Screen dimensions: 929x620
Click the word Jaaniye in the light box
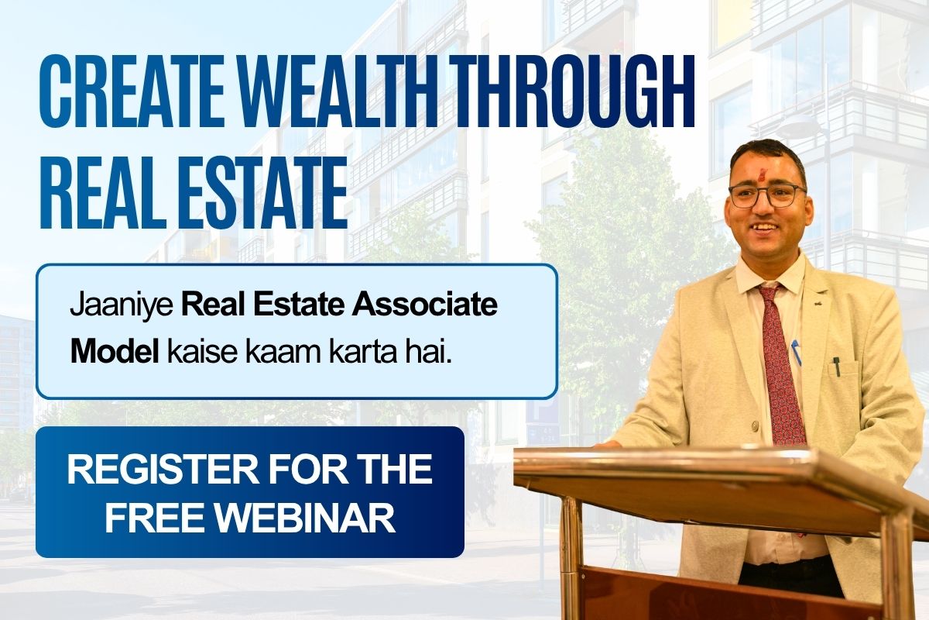[x=122, y=306]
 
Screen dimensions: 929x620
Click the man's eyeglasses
[x=767, y=196]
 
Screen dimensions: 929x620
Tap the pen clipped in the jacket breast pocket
[x=837, y=366]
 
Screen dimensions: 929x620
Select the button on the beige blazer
[x=755, y=425]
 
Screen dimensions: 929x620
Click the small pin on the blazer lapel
[x=817, y=304]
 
